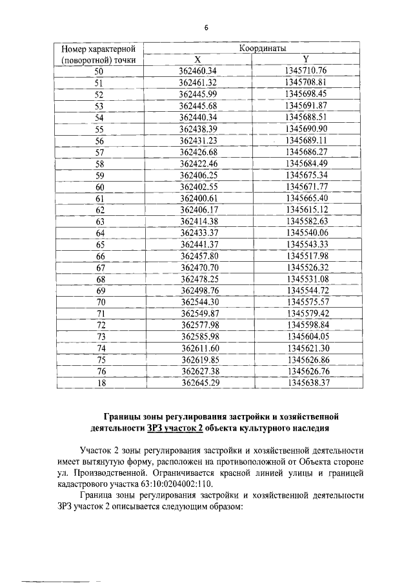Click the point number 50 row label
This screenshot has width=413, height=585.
click(x=99, y=71)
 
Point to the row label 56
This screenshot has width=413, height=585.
click(x=99, y=141)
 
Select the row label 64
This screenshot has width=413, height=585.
click(x=99, y=233)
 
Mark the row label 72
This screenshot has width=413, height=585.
click(x=99, y=325)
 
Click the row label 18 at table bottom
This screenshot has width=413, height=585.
click(x=99, y=383)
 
